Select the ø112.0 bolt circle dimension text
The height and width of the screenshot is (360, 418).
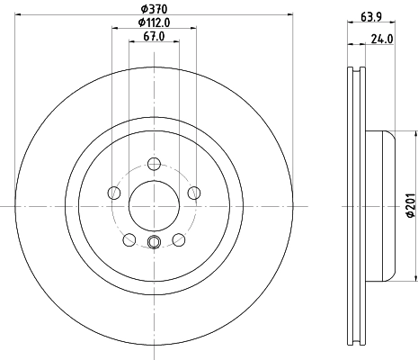click(154, 22)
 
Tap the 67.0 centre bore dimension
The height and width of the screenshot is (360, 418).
click(154, 37)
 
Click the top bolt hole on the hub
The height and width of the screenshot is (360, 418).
click(154, 164)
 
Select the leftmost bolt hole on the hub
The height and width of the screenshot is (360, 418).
click(113, 193)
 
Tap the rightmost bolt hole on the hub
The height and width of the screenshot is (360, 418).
click(193, 193)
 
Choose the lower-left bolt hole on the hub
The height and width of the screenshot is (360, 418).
click(129, 239)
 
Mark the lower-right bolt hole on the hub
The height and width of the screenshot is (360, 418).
click(178, 239)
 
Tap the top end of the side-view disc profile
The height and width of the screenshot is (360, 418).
click(356, 69)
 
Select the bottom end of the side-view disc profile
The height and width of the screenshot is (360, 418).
click(356, 343)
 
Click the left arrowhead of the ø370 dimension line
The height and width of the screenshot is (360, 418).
click(18, 13)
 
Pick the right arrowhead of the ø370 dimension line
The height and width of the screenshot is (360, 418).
click(290, 13)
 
